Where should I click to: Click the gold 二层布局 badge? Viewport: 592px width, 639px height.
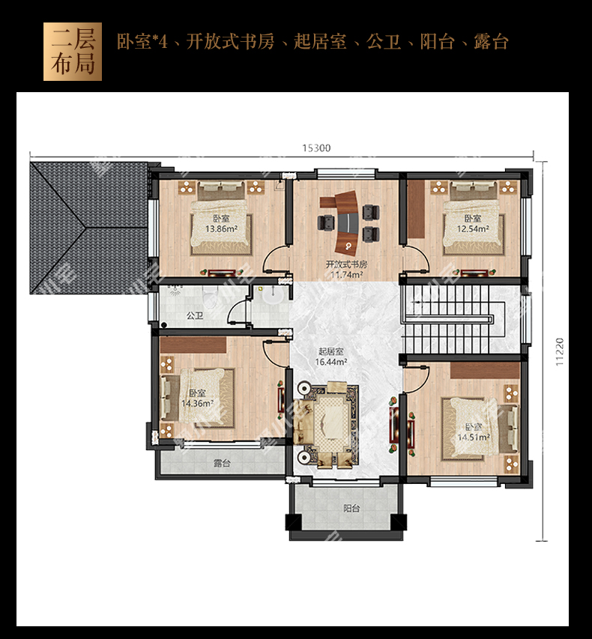tap(73, 52)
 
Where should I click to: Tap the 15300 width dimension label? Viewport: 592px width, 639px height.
tap(316, 148)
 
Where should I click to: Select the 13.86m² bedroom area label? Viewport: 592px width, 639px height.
tap(221, 228)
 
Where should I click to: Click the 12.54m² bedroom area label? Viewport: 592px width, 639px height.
tap(473, 228)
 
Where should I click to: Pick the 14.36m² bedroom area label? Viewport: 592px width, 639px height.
tap(198, 404)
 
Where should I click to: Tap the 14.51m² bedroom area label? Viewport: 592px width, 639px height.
tap(474, 437)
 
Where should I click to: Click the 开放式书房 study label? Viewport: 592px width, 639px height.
tap(346, 264)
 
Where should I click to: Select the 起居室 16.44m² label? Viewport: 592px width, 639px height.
tap(331, 356)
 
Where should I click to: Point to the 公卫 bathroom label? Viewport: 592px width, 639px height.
tap(195, 315)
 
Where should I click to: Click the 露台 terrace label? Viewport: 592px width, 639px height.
tap(223, 463)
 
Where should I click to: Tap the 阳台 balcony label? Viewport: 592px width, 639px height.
tap(351, 508)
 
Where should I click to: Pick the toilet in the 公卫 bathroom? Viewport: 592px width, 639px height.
tap(211, 297)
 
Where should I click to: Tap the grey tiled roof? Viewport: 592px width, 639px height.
tap(88, 228)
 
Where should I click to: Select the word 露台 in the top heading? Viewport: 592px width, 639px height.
tap(491, 41)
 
